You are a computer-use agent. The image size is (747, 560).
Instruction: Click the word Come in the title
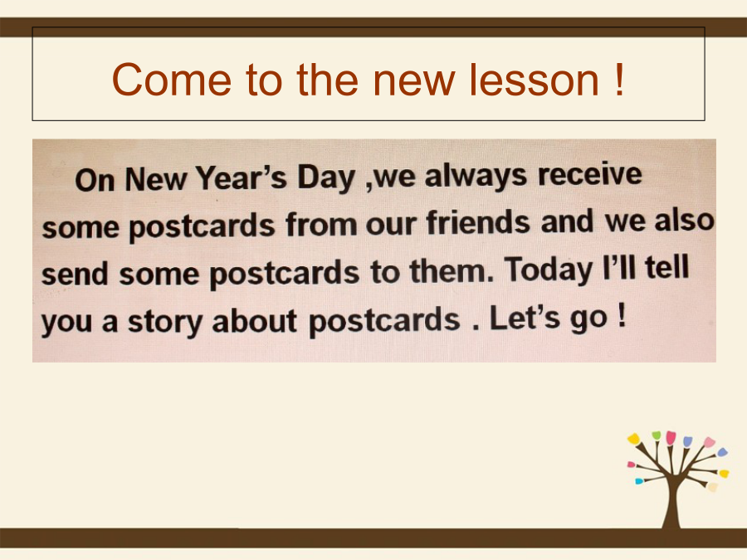click(x=172, y=80)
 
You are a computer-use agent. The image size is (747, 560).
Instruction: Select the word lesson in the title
click(x=534, y=80)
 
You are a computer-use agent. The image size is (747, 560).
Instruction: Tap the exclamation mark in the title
click(x=619, y=79)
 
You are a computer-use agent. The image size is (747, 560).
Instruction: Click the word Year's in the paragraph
click(x=242, y=178)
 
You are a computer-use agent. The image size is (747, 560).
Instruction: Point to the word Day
click(x=326, y=178)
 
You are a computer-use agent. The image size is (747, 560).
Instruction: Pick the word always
click(x=476, y=176)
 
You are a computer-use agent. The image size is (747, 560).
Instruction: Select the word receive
click(x=590, y=174)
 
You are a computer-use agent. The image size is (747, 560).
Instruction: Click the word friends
click(x=478, y=222)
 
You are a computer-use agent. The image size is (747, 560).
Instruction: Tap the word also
click(x=684, y=221)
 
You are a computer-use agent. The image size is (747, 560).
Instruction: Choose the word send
click(x=75, y=274)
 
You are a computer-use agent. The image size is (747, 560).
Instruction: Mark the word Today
click(x=548, y=270)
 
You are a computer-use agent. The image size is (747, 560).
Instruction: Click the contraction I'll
click(x=619, y=267)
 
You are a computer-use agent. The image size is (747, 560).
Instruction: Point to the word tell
click(x=667, y=266)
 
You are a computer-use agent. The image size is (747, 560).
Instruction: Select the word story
click(x=165, y=321)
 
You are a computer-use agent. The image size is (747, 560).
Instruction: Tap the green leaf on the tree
click(x=657, y=436)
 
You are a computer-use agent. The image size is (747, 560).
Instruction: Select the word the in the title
click(x=327, y=80)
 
